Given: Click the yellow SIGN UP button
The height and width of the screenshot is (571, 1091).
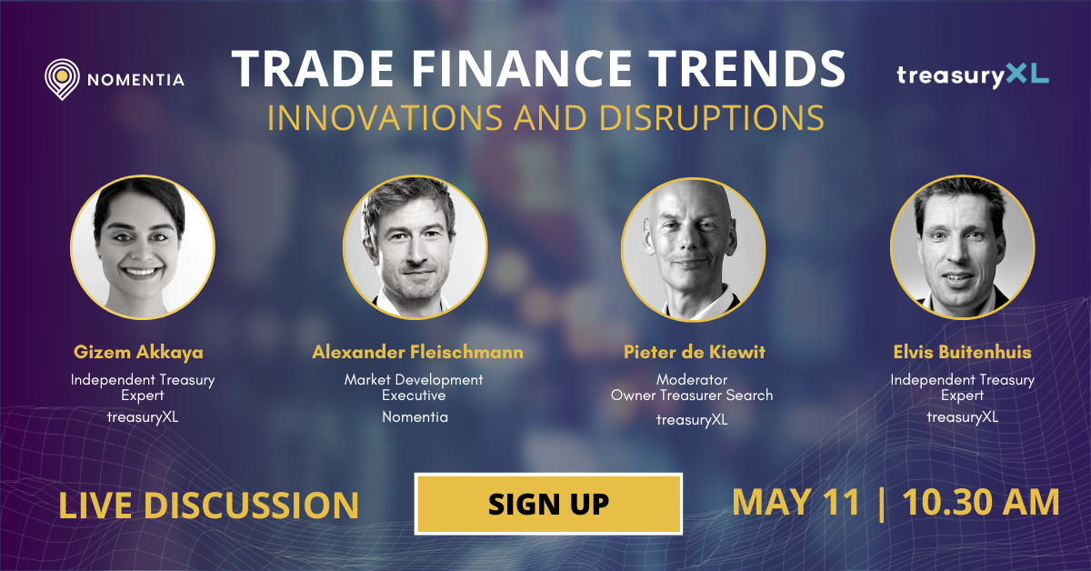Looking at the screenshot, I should click(x=548, y=504).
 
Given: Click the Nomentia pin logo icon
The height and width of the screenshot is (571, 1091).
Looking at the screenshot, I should click(x=61, y=79).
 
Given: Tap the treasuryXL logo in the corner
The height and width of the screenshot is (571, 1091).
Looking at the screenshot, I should click(x=972, y=75).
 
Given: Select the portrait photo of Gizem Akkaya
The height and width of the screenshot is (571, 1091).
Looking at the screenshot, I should click(x=143, y=246).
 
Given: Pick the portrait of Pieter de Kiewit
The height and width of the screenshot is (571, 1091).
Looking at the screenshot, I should click(x=693, y=246).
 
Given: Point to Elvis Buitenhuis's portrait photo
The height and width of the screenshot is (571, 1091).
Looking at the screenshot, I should click(x=962, y=246).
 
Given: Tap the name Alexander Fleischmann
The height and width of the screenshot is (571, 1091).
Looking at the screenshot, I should click(x=417, y=352).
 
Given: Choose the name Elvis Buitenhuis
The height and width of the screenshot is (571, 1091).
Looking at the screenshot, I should click(x=962, y=352).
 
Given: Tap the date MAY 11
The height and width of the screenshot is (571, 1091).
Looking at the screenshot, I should click(x=796, y=504).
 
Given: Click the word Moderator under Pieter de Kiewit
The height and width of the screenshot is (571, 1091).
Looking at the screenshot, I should click(x=692, y=379).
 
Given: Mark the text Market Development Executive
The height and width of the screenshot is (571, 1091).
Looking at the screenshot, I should click(x=414, y=387).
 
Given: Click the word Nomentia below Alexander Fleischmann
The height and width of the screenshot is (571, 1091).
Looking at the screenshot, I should click(x=415, y=417).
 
